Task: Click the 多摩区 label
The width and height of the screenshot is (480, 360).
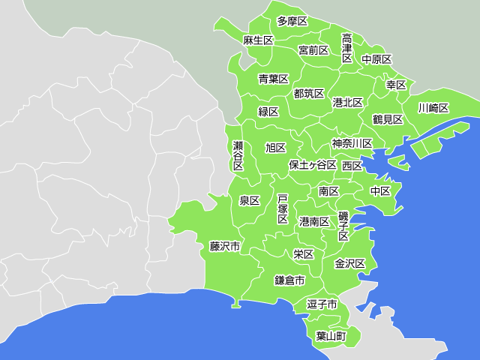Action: [x=292, y=21]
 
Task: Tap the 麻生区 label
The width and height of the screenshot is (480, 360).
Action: [x=258, y=40]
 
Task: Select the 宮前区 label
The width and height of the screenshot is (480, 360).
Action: [x=313, y=50]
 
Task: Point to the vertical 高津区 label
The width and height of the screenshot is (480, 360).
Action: [x=347, y=48]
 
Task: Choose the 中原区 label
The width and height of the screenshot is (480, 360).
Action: [x=376, y=59]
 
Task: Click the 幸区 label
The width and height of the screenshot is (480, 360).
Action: [x=396, y=85]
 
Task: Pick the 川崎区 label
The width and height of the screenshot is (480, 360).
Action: [x=433, y=108]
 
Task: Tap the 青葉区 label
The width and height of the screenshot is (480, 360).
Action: [x=274, y=79]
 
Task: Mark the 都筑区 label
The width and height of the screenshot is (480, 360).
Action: [x=309, y=94]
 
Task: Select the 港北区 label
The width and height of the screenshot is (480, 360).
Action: [x=348, y=102]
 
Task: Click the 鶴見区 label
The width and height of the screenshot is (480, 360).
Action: [x=388, y=119]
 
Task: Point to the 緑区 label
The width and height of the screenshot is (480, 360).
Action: [x=268, y=112]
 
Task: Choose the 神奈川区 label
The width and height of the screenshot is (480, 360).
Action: [x=352, y=143]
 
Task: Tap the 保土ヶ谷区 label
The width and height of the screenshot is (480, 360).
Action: [x=313, y=165]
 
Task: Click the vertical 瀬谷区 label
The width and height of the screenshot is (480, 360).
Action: [x=238, y=155]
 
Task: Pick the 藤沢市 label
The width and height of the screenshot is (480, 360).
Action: [x=225, y=246]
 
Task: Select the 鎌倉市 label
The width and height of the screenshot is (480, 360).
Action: [x=289, y=280]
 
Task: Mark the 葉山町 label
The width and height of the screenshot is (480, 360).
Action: [x=331, y=336]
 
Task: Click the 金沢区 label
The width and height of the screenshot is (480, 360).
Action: [x=349, y=264]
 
